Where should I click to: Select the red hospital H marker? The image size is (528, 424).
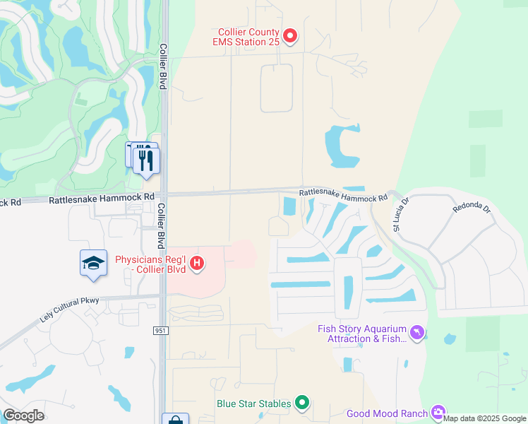pyautogui.click(x=198, y=264)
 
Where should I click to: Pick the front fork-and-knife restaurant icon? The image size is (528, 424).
pyautogui.click(x=146, y=160)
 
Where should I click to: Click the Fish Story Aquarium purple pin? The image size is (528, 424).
pyautogui.click(x=419, y=331)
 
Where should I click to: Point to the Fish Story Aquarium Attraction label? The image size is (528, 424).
pyautogui.click(x=363, y=334)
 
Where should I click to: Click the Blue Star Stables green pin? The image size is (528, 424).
pyautogui.click(x=302, y=404)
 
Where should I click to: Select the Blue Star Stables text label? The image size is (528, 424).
pyautogui.click(x=253, y=404)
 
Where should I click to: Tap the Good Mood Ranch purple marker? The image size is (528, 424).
pyautogui.click(x=438, y=413)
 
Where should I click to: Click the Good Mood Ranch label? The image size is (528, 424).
pyautogui.click(x=387, y=414)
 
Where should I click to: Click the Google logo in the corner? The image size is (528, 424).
pyautogui.click(x=23, y=415)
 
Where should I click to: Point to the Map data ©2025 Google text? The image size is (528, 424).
pyautogui.click(x=484, y=418)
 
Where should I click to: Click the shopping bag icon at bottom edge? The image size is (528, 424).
pyautogui.click(x=174, y=420)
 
